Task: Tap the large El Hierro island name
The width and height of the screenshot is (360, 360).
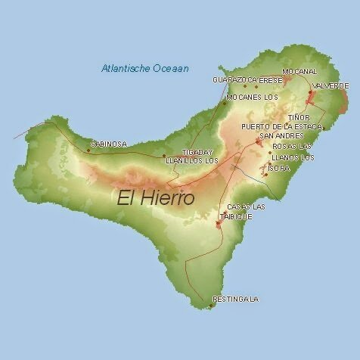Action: click(156, 198)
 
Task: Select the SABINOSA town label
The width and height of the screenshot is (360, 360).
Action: click(109, 144)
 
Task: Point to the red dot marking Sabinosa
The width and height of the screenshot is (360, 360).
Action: click(88, 150)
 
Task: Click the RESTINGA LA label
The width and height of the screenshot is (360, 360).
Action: click(236, 299)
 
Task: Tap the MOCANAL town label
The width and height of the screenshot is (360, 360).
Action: click(299, 71)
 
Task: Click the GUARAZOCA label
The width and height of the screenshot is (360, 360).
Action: click(231, 79)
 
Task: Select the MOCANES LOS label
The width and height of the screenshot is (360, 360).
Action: click(253, 98)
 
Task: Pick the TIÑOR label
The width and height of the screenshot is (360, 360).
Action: click(299, 117)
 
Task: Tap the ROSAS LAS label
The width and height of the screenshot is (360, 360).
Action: click(291, 146)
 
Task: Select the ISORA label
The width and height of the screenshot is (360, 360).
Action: click(278, 168)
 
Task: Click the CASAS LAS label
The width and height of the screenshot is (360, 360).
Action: click(246, 206)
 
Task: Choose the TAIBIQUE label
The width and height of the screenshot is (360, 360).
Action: click(236, 216)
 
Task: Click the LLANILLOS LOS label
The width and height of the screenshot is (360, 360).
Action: click(192, 160)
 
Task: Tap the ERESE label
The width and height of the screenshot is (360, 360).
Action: click(270, 79)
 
